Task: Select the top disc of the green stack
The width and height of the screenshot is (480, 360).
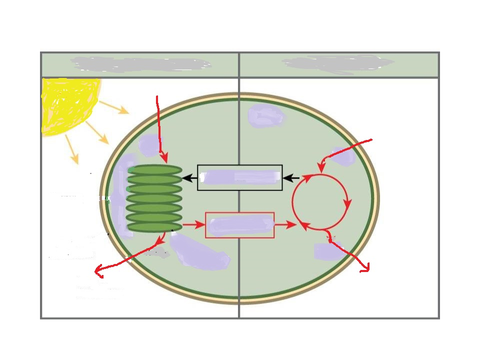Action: [x=155, y=170]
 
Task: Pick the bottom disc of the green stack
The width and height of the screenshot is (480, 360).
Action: [x=155, y=226]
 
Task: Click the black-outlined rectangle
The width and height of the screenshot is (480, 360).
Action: [x=240, y=177]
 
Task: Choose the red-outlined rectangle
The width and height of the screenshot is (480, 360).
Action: [x=240, y=225]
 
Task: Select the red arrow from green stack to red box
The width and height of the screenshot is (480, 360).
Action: [x=193, y=225]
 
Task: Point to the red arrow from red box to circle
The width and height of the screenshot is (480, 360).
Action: [x=285, y=225]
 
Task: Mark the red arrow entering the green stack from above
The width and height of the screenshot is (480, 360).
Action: [x=160, y=130]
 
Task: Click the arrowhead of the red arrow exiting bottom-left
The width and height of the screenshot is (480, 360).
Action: [x=97, y=272]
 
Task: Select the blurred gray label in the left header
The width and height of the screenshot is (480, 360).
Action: [x=140, y=64]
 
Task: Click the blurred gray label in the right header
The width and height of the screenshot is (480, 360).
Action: [x=338, y=63]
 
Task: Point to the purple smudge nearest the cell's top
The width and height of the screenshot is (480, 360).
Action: [x=265, y=116]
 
